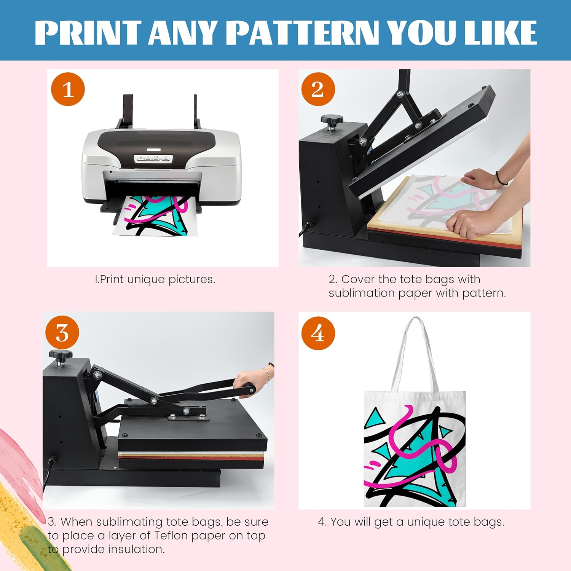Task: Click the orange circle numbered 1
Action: click(x=68, y=89)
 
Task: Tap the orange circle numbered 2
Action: click(x=318, y=89)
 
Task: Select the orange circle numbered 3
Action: click(x=62, y=333)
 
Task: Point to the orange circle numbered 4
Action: click(x=318, y=333)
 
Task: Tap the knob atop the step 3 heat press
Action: click(x=61, y=356)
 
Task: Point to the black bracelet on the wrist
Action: click(x=500, y=179)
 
